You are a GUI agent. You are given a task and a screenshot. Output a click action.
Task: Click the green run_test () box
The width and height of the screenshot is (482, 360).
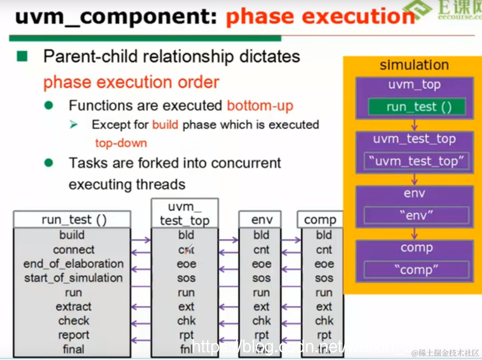416,107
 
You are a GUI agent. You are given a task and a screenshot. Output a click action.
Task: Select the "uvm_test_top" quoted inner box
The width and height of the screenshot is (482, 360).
416,161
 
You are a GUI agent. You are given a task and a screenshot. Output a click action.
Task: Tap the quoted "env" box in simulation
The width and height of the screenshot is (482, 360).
416,215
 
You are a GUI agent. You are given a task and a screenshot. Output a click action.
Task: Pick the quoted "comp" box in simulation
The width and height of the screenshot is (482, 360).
416,270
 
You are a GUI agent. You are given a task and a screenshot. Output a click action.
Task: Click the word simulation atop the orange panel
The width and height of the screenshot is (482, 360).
414,65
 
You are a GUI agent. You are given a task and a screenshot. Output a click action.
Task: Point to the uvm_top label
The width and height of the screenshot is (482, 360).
414,84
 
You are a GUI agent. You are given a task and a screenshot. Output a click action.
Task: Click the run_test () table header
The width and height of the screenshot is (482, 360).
72,219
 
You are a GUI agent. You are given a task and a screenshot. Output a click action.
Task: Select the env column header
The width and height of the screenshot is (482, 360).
260,219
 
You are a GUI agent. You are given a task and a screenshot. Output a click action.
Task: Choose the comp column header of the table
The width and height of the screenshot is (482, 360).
320,219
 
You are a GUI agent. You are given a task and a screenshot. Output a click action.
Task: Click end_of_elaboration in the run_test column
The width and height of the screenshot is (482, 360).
73,264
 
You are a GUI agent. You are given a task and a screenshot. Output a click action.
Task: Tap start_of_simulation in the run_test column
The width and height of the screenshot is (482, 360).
73,278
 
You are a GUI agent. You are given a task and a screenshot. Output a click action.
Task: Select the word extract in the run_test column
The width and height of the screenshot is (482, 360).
73,307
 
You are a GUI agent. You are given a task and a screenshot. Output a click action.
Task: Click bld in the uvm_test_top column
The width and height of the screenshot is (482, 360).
186,235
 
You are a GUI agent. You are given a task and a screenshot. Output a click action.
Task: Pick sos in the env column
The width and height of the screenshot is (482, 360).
261,278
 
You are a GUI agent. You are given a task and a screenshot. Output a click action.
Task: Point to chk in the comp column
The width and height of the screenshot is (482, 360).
324,321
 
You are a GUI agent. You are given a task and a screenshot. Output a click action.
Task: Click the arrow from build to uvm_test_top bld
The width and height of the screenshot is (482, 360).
141,240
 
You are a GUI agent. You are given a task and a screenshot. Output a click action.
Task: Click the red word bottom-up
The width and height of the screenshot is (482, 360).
260,105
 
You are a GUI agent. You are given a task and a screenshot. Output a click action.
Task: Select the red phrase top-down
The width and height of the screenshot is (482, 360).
121,143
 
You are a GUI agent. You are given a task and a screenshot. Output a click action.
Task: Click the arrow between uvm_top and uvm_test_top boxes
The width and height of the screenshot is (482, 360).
415,125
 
